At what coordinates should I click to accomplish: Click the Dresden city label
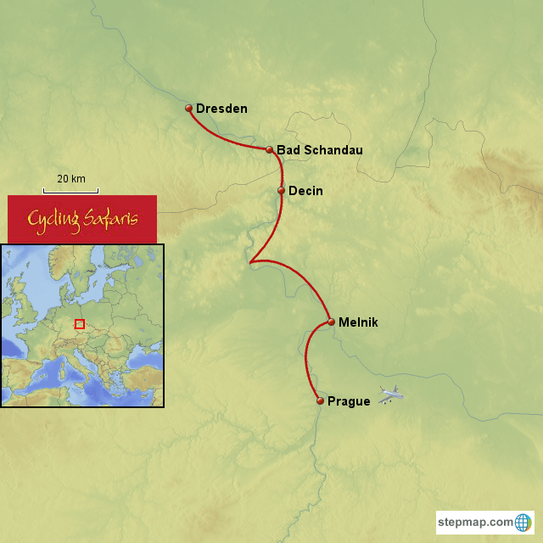221,109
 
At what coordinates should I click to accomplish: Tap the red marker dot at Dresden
189,109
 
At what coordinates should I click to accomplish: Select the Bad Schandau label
320,150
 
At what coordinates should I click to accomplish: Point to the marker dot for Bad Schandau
270,149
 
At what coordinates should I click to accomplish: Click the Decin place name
305,191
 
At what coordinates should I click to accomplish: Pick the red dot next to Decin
281,191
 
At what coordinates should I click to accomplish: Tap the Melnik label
358,322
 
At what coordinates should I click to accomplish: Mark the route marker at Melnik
331,322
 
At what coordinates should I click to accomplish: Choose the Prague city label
349,401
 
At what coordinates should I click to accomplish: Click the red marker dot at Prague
320,400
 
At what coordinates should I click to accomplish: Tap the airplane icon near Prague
391,395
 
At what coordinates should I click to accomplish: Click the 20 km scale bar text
71,179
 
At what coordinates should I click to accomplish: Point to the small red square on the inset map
80,323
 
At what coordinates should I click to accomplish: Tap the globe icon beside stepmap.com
523,522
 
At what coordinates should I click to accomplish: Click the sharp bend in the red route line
250,263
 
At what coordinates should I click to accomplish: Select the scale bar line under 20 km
71,189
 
